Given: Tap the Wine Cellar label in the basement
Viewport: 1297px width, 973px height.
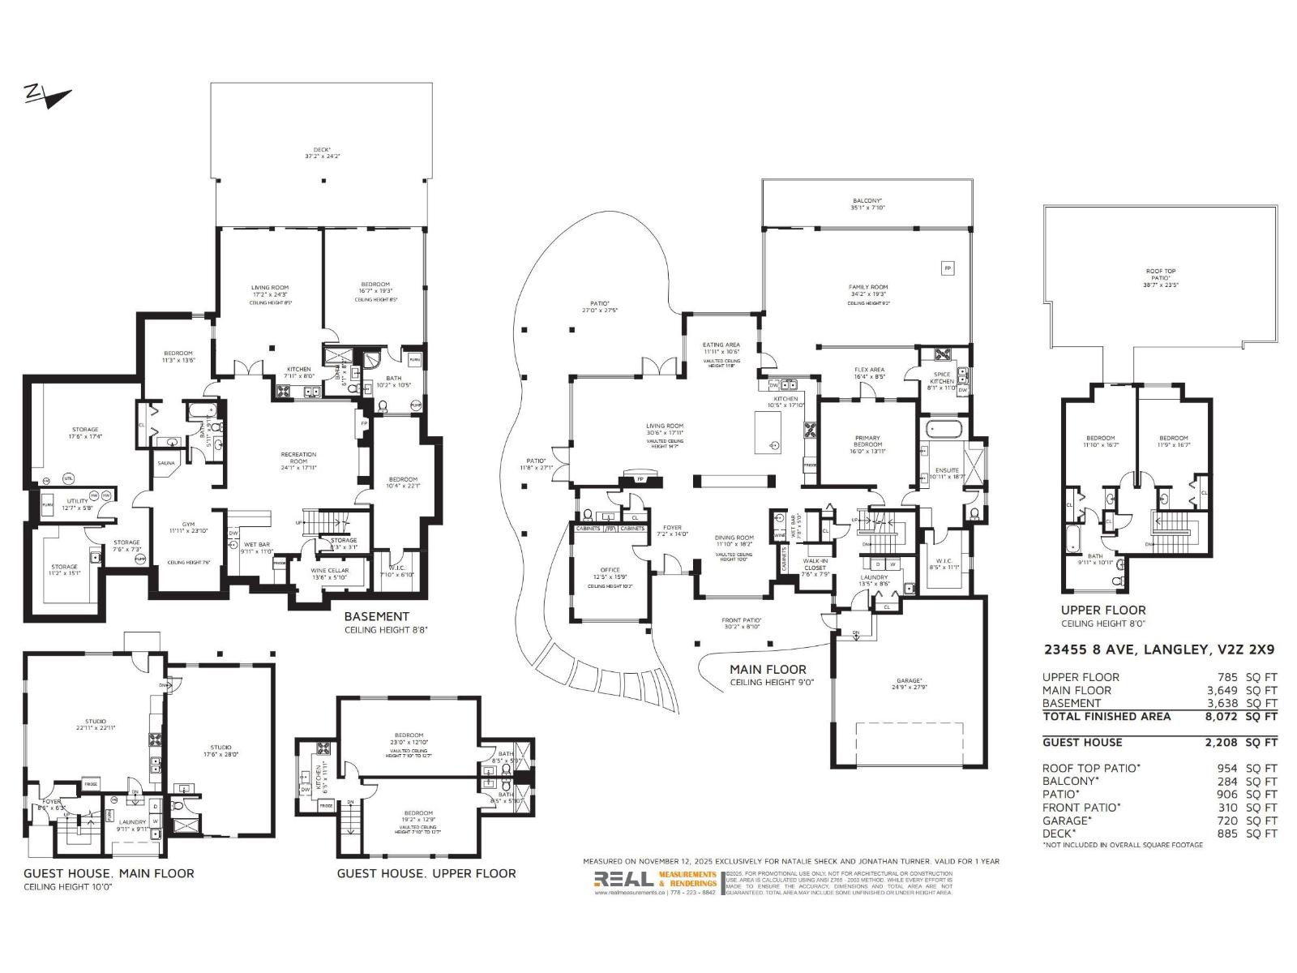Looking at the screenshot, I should [x=330, y=570].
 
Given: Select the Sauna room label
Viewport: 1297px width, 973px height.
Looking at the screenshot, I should [x=165, y=463].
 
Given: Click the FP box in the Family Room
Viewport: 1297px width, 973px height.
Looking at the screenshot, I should [x=946, y=267].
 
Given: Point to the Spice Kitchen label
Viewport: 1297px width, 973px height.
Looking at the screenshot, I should [x=941, y=378].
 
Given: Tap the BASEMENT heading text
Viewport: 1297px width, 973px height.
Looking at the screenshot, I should [x=376, y=616].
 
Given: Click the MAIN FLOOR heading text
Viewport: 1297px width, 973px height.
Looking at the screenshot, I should [x=768, y=669].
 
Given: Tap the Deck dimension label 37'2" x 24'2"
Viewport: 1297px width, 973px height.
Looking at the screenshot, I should [x=322, y=156].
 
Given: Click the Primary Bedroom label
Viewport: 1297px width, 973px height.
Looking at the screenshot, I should [x=867, y=442].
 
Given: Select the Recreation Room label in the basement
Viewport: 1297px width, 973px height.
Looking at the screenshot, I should [x=298, y=458].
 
